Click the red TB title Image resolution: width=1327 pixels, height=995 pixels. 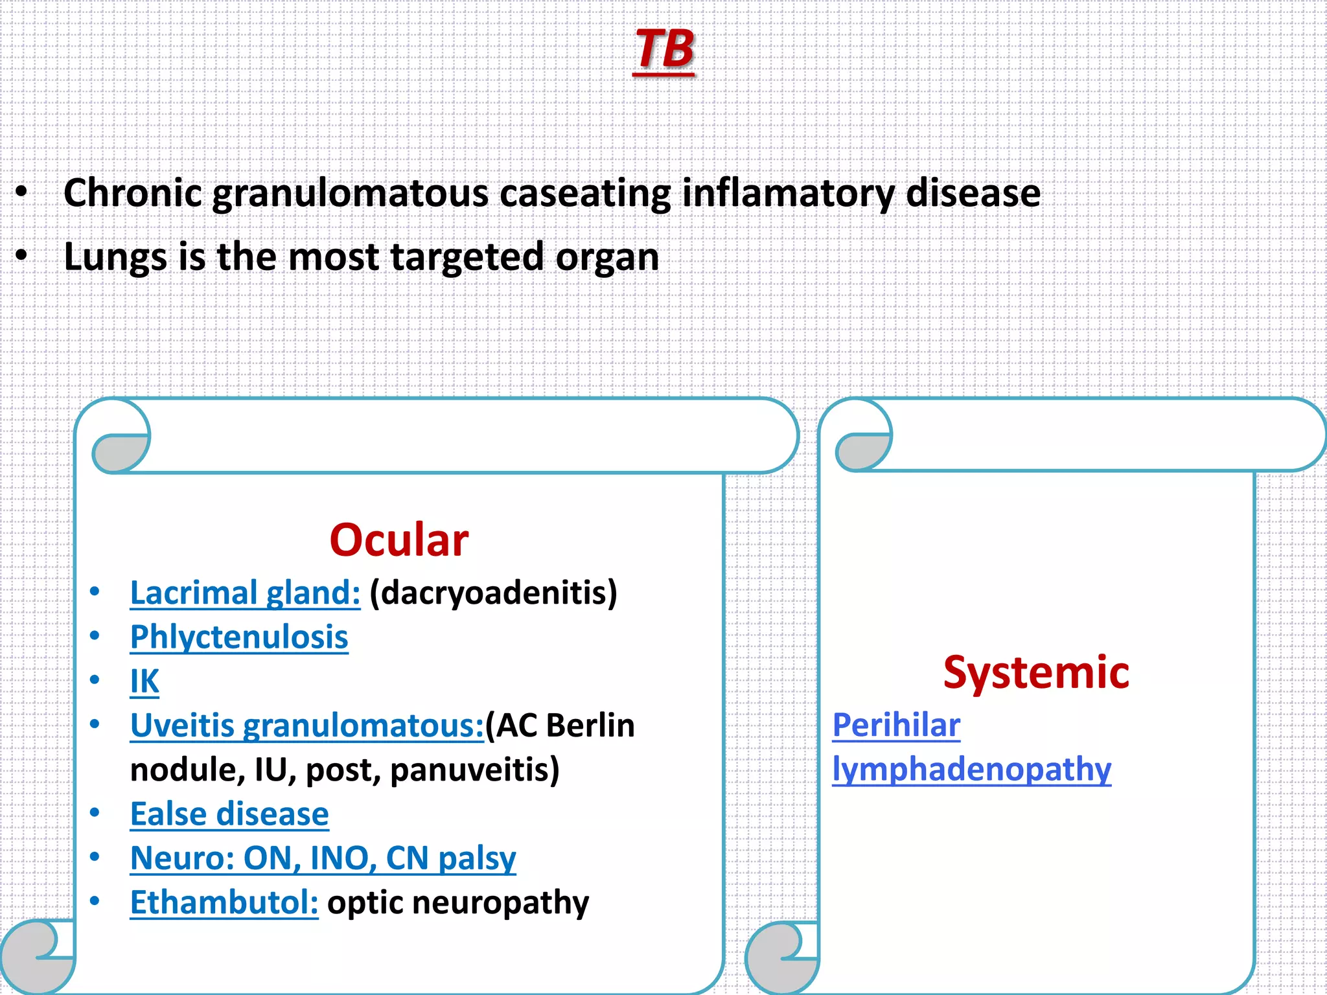[x=664, y=50]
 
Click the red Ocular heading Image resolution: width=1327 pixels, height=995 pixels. [x=398, y=540]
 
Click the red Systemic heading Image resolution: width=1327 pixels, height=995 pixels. [x=1035, y=673]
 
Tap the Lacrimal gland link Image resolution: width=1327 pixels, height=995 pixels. [x=245, y=593]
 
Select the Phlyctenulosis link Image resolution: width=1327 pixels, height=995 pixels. [x=239, y=637]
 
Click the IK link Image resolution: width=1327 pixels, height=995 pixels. [x=144, y=681]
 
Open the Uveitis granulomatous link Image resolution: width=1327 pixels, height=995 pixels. [x=307, y=726]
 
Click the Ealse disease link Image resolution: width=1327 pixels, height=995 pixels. [x=229, y=814]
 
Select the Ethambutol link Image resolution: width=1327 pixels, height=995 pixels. [x=224, y=903]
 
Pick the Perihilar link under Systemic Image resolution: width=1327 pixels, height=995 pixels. [x=896, y=726]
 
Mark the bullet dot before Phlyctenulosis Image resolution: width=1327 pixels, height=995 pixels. [x=95, y=635]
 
